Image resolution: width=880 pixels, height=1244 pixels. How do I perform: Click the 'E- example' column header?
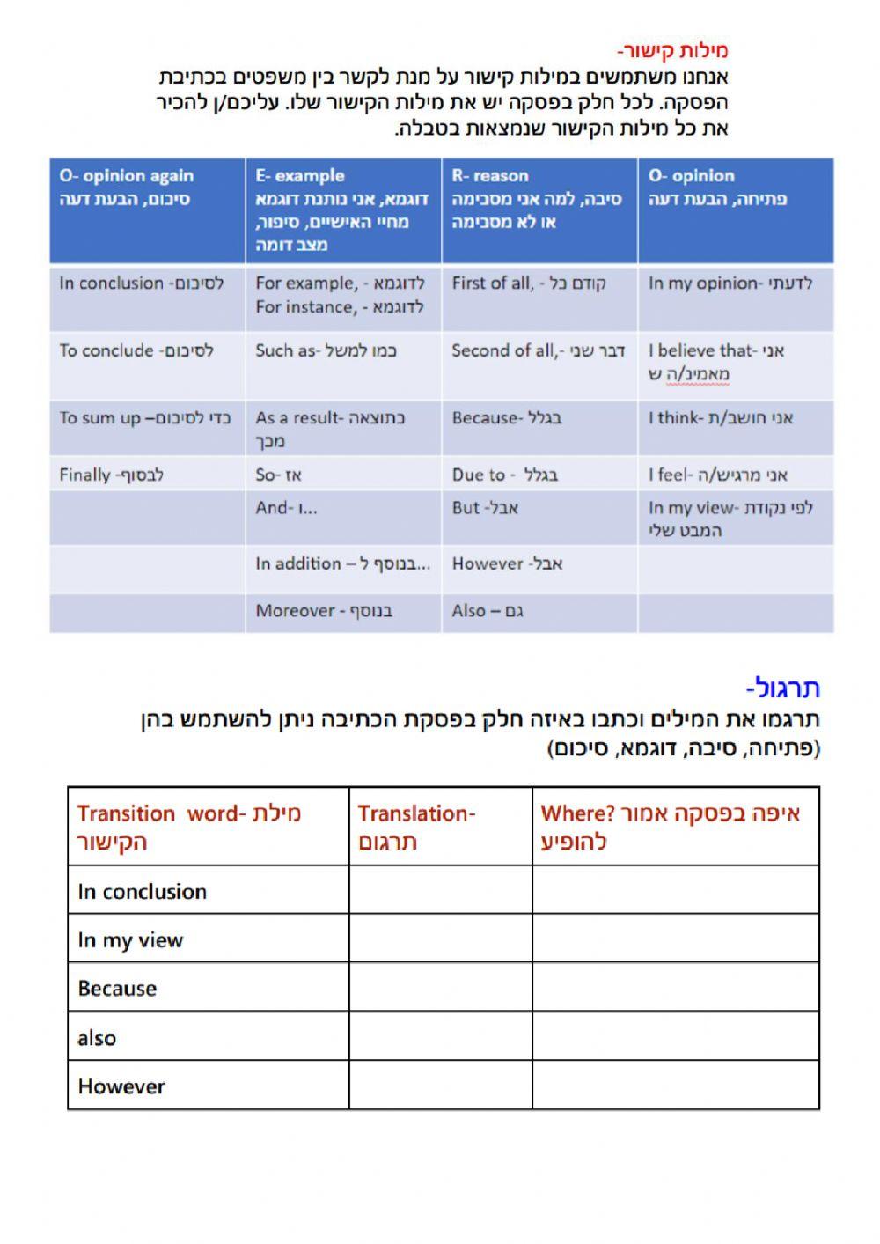pyautogui.click(x=342, y=210)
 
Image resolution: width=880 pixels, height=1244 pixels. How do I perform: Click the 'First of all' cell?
pyautogui.click(x=539, y=283)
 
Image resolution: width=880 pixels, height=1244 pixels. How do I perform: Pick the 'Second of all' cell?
pyautogui.click(x=539, y=351)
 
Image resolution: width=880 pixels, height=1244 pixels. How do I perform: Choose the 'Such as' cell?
pyautogui.click(x=342, y=351)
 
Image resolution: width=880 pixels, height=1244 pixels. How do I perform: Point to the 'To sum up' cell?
pyautogui.click(x=146, y=418)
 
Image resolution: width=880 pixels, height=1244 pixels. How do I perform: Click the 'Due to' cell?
pyautogui.click(x=539, y=475)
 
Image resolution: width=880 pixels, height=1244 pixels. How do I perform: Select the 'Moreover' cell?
pyautogui.click(x=342, y=611)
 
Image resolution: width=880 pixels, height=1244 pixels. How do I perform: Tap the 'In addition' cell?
pyautogui.click(x=342, y=564)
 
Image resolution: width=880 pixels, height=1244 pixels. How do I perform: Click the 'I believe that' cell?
pyautogui.click(x=734, y=362)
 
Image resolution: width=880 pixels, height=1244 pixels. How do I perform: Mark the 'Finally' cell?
pyautogui.click(x=146, y=475)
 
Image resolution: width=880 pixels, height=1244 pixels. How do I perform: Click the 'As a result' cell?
pyautogui.click(x=342, y=429)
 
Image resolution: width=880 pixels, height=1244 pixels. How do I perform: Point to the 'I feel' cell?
pyautogui.click(x=734, y=475)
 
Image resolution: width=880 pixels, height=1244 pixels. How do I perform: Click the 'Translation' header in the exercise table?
pyautogui.click(x=440, y=827)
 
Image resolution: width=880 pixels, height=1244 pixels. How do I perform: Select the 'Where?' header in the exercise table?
pyautogui.click(x=675, y=827)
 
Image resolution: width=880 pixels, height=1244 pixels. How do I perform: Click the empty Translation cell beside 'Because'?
pyautogui.click(x=440, y=988)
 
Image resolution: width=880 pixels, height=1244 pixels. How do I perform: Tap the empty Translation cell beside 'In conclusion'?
pyautogui.click(x=440, y=891)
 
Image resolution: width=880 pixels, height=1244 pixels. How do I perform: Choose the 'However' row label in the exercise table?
pyautogui.click(x=121, y=1086)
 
